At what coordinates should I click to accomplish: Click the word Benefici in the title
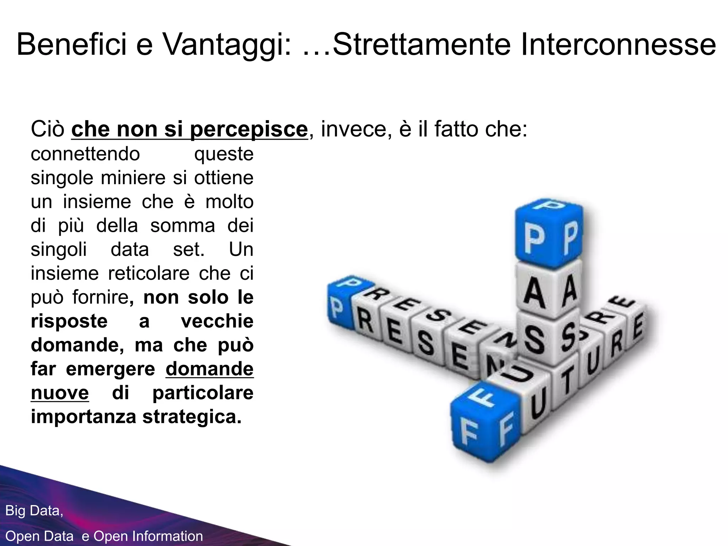point(71,44)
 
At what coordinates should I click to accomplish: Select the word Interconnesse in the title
point(618,44)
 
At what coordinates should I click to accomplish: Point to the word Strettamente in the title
point(422,44)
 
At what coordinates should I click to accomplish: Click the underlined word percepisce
point(248,130)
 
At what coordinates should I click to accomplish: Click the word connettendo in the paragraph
point(85,154)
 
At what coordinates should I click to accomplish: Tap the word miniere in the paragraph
point(133,177)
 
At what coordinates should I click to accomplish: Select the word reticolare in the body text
point(149,273)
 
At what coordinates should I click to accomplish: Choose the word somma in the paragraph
point(183,225)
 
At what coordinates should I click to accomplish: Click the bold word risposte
point(69,321)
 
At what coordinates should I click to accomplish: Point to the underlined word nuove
point(60,393)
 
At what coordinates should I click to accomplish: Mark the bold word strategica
point(192,417)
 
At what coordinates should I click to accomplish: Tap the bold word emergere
point(111,369)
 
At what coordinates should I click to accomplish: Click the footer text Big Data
point(34,510)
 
